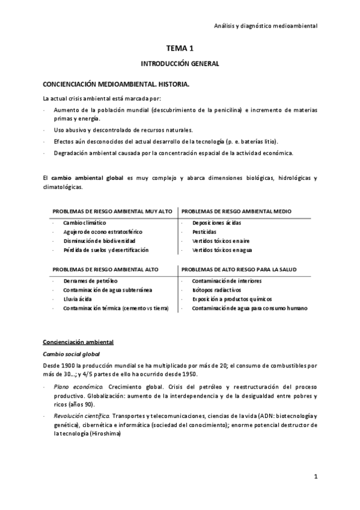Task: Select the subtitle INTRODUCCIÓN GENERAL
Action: coord(180,63)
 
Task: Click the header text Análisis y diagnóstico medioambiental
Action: coord(266,26)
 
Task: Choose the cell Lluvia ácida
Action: coord(77,299)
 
